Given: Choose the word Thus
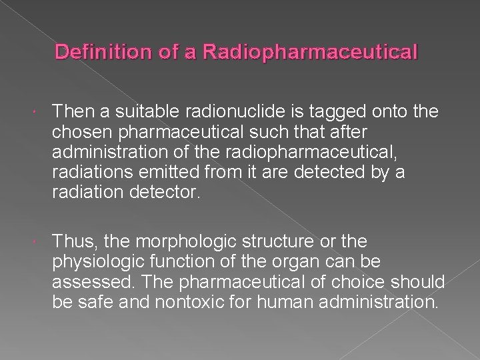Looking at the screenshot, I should click(68, 241).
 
